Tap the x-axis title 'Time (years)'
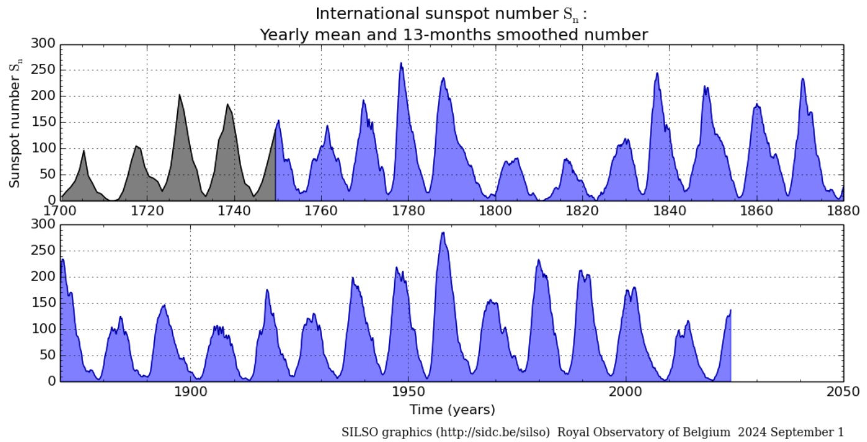point(452,410)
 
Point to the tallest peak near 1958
point(443,233)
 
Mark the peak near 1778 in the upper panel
point(401,63)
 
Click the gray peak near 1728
point(179,95)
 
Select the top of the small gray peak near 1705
point(84,151)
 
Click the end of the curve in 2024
point(730,310)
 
